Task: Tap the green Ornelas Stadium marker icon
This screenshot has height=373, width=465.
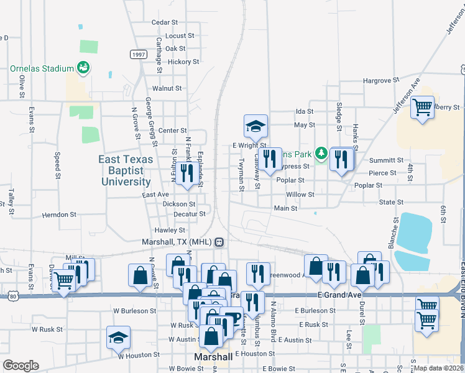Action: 82,67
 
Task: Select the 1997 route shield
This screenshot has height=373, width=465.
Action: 138,55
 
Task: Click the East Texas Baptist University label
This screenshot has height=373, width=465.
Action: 124,170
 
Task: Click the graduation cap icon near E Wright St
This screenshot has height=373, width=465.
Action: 255,127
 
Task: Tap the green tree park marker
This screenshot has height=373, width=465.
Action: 321,152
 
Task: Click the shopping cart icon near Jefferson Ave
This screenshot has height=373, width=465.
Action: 422,107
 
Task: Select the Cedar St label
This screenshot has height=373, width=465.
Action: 165,22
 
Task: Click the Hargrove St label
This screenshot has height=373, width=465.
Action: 380,81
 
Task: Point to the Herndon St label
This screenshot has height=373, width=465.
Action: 59,214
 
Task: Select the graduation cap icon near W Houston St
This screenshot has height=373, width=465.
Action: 118,338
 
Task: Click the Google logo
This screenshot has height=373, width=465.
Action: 21,366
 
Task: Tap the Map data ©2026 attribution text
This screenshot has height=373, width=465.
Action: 438,369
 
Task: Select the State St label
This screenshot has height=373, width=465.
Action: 391,203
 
